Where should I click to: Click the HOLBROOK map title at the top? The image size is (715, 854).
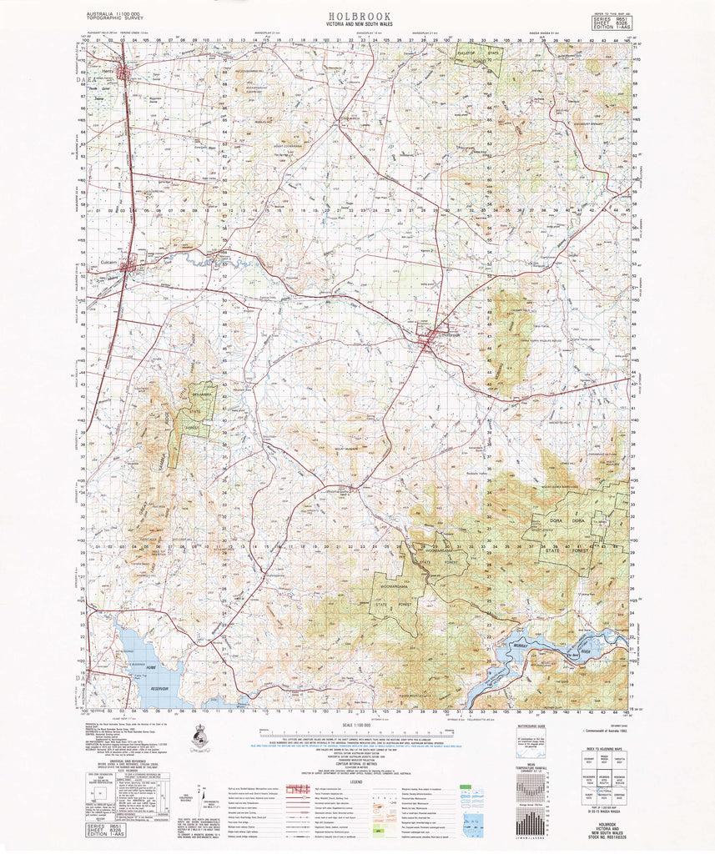click(x=356, y=15)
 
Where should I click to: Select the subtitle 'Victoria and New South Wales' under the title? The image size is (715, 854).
click(x=356, y=26)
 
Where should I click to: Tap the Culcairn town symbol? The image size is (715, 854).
click(x=127, y=267)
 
